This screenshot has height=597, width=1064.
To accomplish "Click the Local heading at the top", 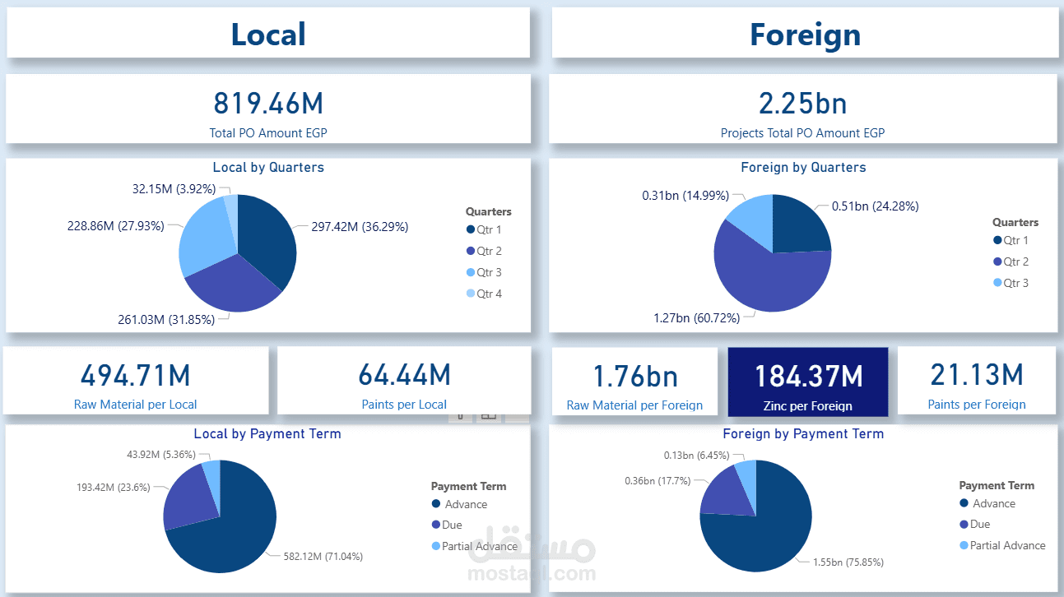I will pos(268,35).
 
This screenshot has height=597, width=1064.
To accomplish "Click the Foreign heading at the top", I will pos(805,35).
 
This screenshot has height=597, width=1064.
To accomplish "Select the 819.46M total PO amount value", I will pos(268,104).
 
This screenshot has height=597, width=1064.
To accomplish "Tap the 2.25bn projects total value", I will pos(802,104).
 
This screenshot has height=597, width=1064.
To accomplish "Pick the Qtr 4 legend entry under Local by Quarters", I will pos(484,294).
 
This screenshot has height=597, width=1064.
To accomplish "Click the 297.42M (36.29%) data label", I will pos(359,226).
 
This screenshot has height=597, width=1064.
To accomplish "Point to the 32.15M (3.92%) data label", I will pos(174,188).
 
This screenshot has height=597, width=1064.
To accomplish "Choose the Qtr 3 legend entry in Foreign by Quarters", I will pos(1011,283).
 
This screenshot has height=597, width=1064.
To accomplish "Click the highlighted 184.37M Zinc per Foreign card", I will pos(808,382).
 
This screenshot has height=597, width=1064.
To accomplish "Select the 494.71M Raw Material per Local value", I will pos(136,376).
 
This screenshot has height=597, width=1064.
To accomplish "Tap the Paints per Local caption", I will pos(404,405).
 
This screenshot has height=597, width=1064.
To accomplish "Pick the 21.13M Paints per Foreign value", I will pos(977,375).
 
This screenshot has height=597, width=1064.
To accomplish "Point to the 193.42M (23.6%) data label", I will pos(114,487).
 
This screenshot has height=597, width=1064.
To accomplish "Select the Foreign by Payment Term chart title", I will pos(803,433).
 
